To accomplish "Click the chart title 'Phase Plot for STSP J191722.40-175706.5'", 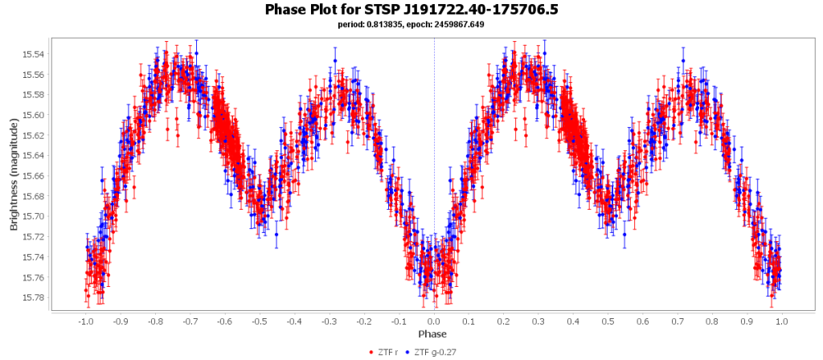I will [411, 10].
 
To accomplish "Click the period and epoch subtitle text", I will [411, 24].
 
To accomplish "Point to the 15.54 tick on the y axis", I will [34, 55].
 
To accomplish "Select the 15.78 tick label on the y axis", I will [34, 297].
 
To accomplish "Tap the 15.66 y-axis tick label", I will [34, 176].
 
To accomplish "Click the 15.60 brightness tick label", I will [34, 115].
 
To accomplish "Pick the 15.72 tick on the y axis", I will [34, 237].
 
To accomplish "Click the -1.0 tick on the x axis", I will [85, 321].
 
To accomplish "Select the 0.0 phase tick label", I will [435, 321].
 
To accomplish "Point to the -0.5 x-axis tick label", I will [260, 321].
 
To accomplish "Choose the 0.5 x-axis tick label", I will [609, 321].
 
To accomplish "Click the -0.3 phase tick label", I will [330, 321].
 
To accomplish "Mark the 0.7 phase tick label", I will [679, 321].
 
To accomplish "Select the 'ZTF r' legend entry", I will [387, 352].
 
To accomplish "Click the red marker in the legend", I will [371, 352].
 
